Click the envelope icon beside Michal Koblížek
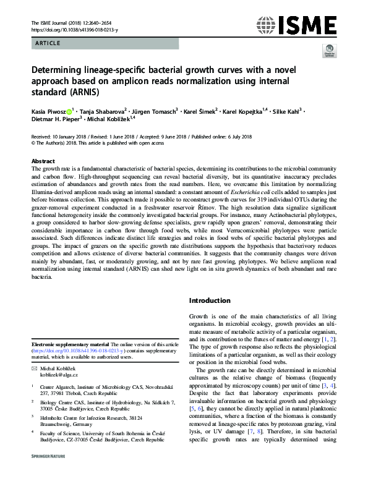(x=34, y=367)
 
